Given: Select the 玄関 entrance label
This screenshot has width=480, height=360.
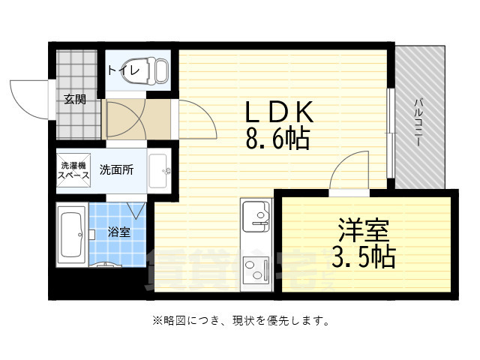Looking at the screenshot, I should coord(74,98).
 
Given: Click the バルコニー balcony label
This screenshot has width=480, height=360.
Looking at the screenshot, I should coord(419,120).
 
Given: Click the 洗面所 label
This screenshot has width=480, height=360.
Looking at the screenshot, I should coord(117,169).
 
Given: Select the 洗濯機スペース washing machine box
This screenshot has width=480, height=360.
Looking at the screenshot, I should coord(73,169).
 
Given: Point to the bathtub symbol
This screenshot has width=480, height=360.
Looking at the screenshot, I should coord(73,236).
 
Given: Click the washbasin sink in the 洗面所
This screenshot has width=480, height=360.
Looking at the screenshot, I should coord(159,171).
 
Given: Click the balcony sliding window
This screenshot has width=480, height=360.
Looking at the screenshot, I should coord(390,133).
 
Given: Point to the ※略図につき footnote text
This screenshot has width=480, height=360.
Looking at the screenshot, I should coord(240,321).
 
